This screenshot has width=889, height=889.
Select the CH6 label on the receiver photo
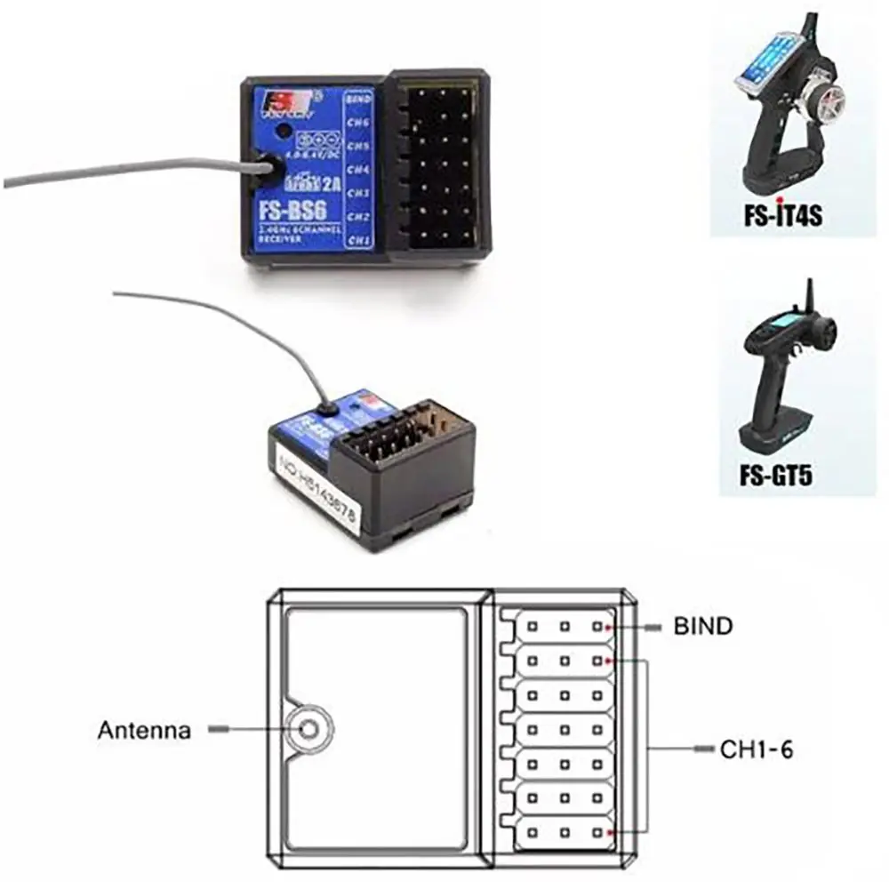point(358,123)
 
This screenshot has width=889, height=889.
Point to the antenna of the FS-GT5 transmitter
point(809,298)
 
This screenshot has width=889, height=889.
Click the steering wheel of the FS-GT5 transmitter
point(823,334)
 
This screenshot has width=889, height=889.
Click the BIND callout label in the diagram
point(702,627)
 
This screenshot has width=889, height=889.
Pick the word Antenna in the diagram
point(143,731)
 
